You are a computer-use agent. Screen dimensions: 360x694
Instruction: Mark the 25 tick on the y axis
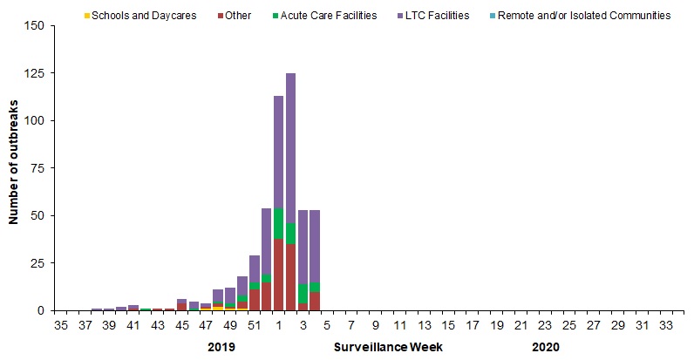(x=37, y=263)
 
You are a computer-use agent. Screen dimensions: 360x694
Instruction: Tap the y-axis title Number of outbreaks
(x=15, y=167)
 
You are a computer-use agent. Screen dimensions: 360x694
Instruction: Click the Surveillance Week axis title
(x=389, y=346)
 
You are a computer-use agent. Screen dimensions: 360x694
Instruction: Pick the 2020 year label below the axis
(x=545, y=346)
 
